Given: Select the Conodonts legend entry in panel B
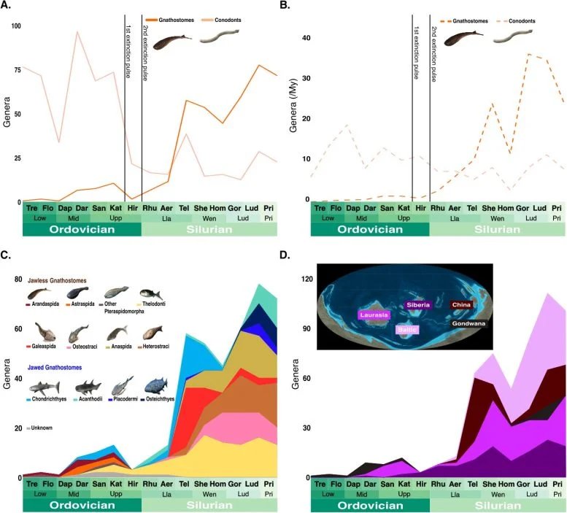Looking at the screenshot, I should click(x=520, y=20).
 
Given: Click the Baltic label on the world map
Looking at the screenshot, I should click(x=407, y=330).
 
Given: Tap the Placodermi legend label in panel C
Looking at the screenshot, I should click(x=124, y=401).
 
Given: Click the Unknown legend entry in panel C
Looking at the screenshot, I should click(x=42, y=428).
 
